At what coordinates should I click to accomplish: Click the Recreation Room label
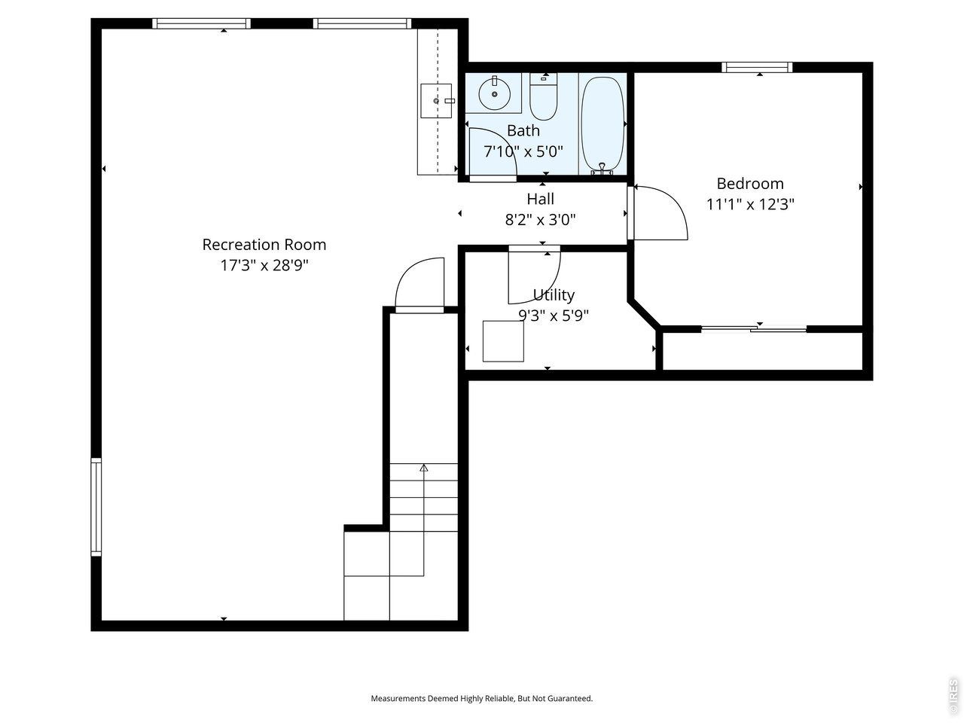click(264, 245)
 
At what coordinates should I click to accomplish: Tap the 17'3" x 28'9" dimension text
click(264, 265)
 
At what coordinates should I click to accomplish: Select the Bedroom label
click(750, 184)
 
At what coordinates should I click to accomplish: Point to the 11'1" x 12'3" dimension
click(750, 204)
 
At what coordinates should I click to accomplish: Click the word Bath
click(523, 130)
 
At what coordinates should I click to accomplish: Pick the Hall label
click(540, 199)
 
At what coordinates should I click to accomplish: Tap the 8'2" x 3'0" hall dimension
click(540, 219)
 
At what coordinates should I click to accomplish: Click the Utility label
click(554, 295)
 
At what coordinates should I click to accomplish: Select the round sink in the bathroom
click(495, 94)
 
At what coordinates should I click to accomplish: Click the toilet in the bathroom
click(543, 96)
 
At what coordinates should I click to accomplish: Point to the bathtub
click(602, 125)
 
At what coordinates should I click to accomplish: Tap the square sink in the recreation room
click(436, 101)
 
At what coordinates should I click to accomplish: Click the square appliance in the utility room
click(503, 341)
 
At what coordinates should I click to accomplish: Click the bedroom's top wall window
click(757, 67)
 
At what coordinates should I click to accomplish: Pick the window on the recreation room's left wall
click(96, 507)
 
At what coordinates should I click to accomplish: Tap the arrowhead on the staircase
click(423, 468)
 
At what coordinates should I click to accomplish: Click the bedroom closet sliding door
click(754, 329)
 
